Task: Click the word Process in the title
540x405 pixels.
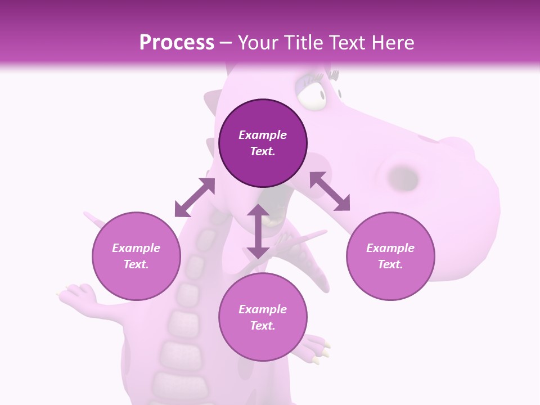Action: coord(177,43)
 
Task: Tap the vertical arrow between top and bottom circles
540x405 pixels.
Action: coord(258,231)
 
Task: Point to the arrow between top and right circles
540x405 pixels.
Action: coord(330,191)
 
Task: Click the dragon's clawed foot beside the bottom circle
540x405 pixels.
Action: coord(318,346)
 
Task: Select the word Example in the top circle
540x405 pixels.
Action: coord(263,135)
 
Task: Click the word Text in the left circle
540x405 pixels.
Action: coord(136,264)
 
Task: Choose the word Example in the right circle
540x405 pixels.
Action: coord(390,248)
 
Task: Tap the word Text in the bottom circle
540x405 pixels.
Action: coord(263,326)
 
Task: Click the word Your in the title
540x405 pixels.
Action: coord(258,43)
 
